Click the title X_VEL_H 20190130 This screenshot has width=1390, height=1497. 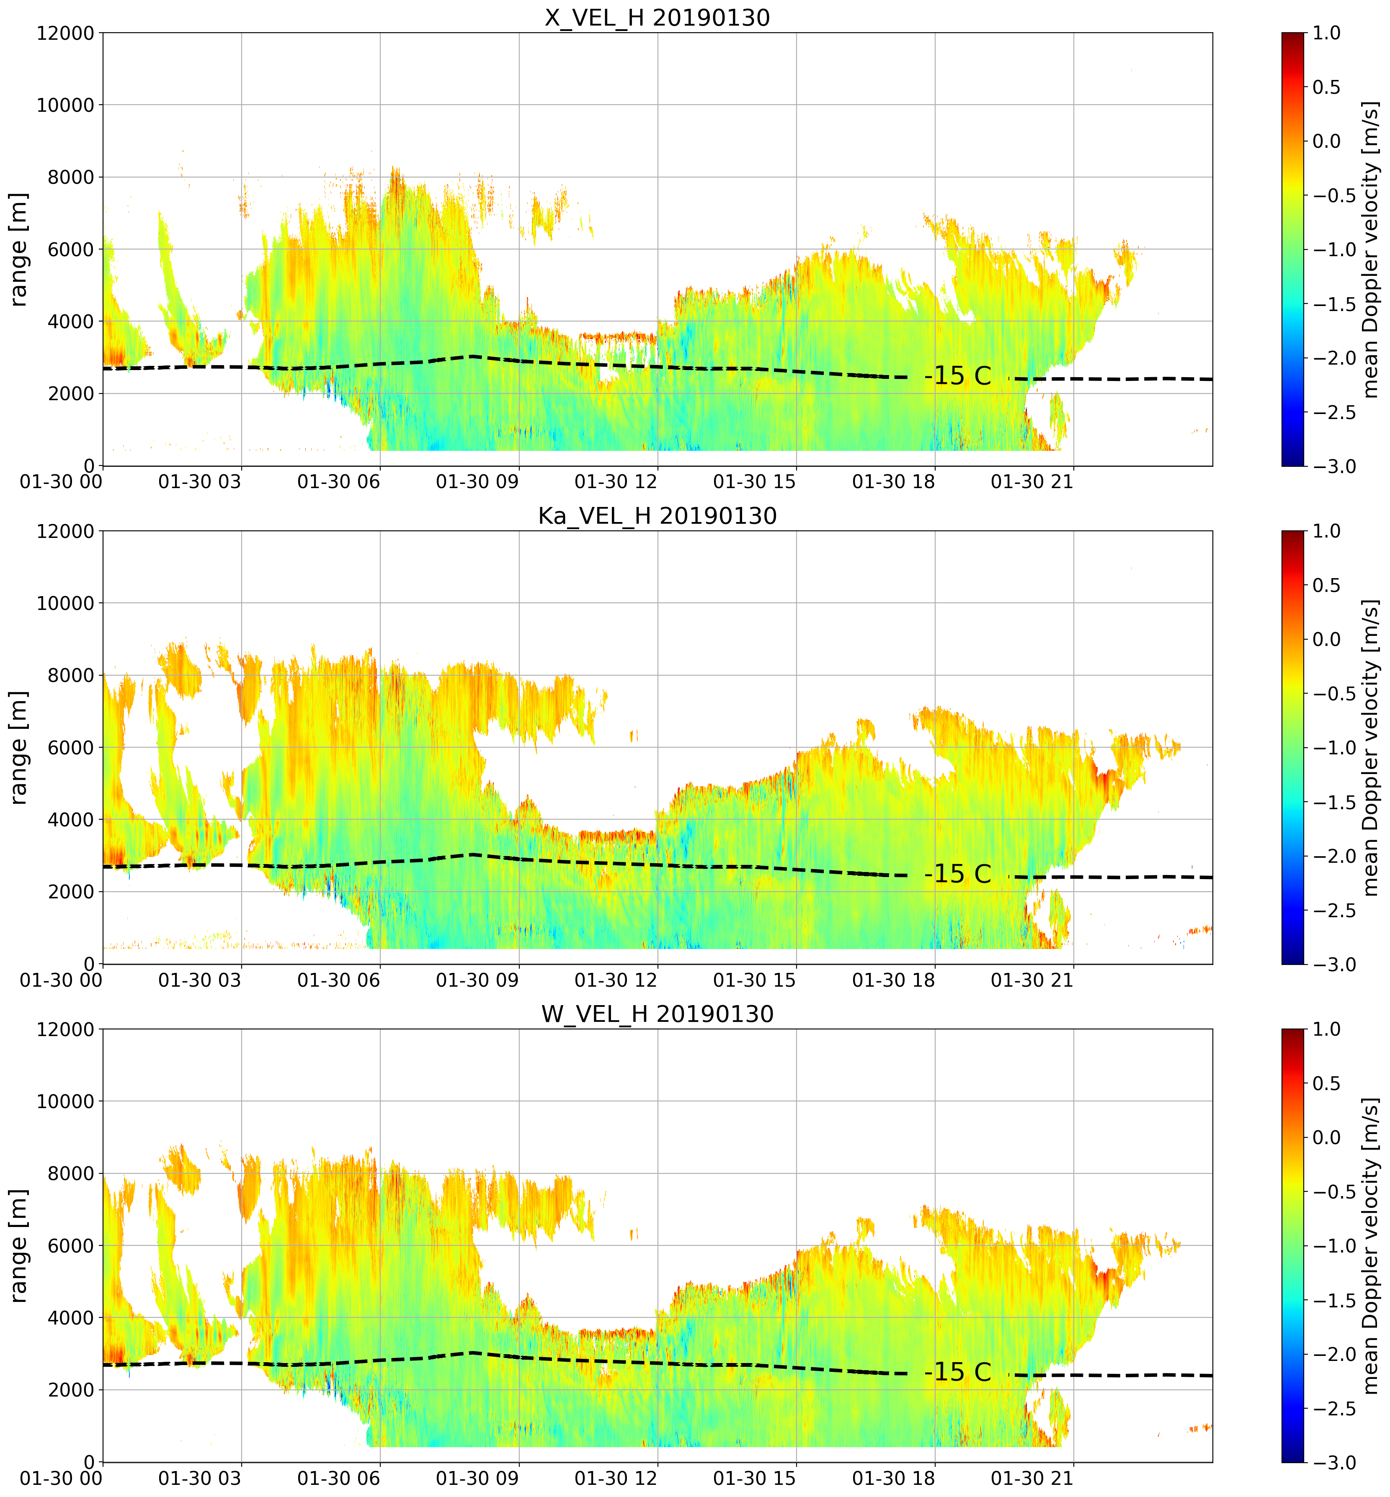(658, 17)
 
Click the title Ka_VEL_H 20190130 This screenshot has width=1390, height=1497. (658, 516)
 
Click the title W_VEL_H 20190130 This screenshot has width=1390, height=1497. (658, 1014)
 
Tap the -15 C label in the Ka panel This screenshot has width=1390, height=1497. (957, 874)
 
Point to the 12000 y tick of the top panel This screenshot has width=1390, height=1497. (65, 33)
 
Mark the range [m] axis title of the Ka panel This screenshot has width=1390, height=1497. (19, 747)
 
